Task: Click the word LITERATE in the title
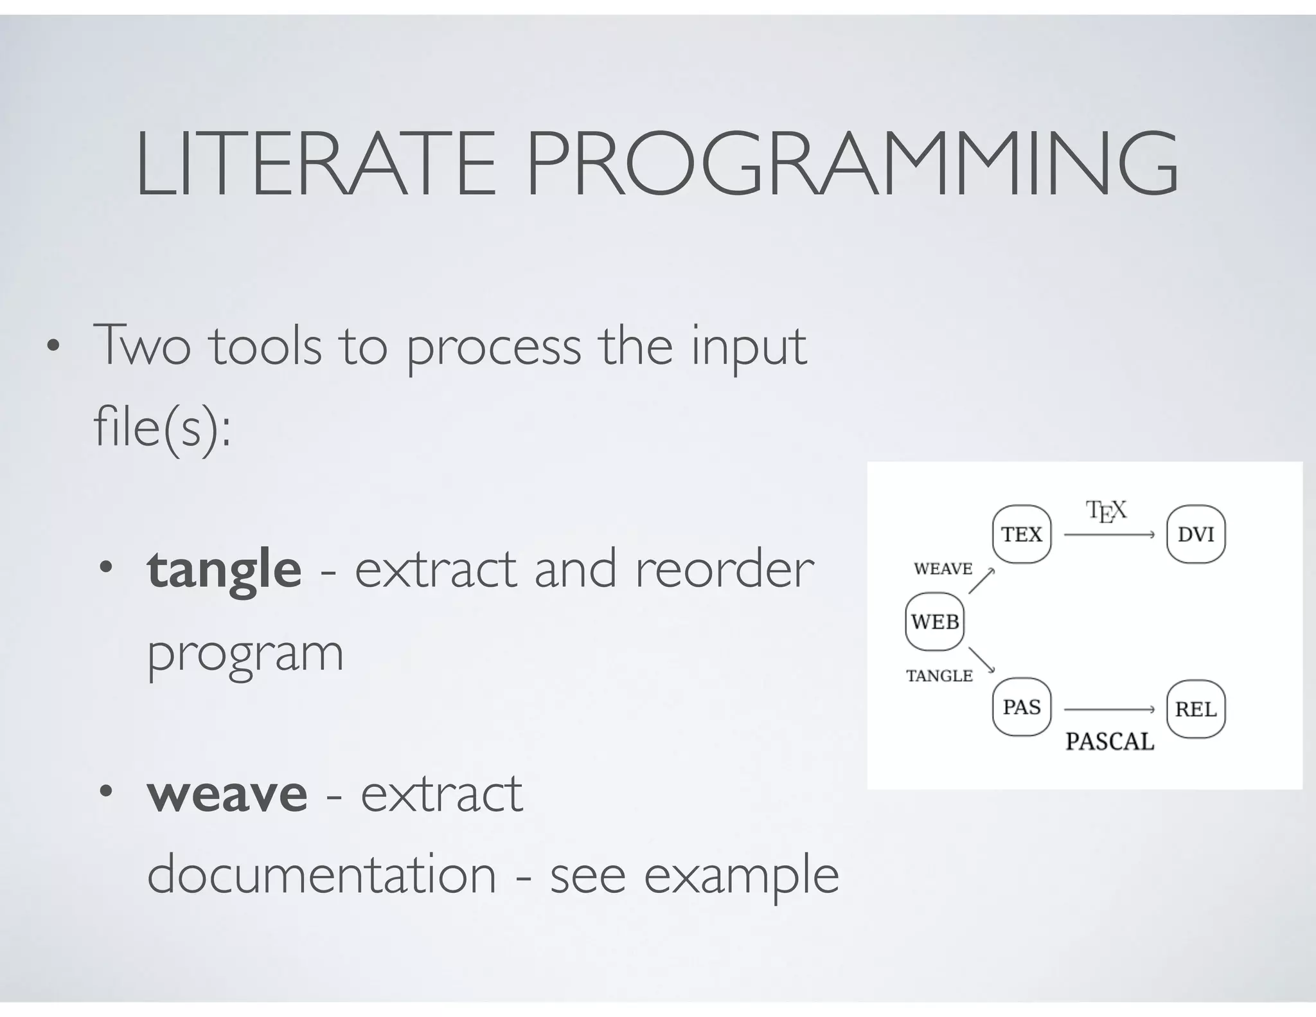(316, 165)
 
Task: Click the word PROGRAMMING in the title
(852, 165)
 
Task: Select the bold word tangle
(224, 570)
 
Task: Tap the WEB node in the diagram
(935, 622)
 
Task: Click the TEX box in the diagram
(1022, 534)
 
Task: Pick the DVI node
(1196, 534)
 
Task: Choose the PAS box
(1022, 707)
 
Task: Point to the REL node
(1196, 709)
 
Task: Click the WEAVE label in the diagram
(943, 569)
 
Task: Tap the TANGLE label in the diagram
(939, 676)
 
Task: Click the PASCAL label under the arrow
(1110, 742)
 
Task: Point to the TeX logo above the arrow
(1106, 512)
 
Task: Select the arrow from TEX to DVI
(1109, 534)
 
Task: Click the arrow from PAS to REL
(1109, 709)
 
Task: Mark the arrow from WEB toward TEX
(981, 581)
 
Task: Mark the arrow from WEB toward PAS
(981, 660)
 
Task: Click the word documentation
(321, 875)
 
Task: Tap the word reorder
(724, 570)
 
